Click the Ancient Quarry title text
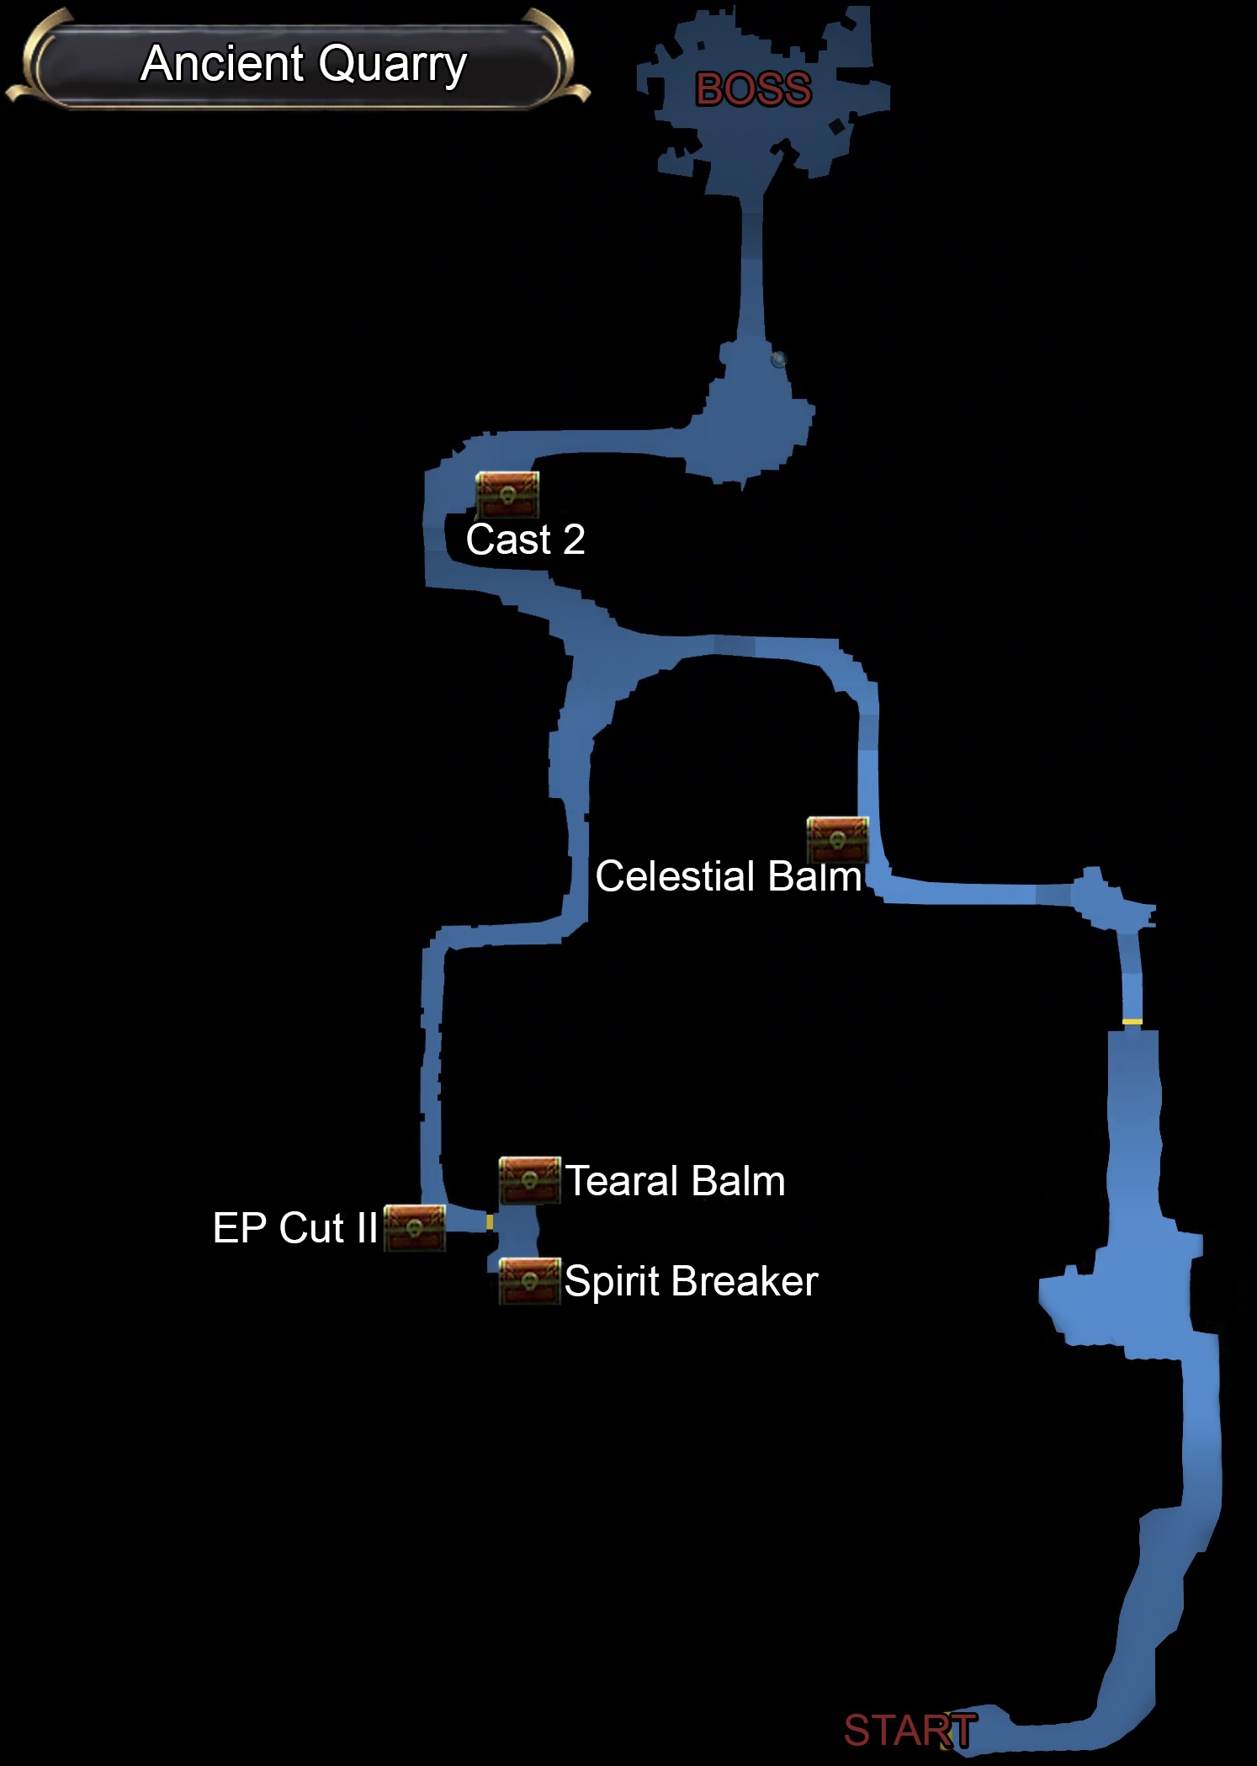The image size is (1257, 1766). (x=303, y=64)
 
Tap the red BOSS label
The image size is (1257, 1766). (x=753, y=89)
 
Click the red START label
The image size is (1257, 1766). (x=910, y=1731)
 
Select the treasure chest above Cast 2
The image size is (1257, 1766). (x=507, y=494)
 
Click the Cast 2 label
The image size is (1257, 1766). (x=525, y=540)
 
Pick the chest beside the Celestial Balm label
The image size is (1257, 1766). (x=837, y=839)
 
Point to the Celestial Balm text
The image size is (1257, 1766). (x=728, y=876)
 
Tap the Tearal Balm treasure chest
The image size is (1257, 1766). (x=529, y=1179)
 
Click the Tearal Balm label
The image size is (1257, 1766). (x=675, y=1181)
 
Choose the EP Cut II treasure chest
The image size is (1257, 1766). (x=414, y=1228)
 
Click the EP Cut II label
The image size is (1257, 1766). (x=294, y=1228)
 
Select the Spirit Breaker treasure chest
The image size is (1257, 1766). (x=529, y=1281)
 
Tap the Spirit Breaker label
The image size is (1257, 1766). (x=691, y=1281)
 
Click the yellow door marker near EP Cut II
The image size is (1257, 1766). (x=490, y=1221)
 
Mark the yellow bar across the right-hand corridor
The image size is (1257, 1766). (x=1132, y=1022)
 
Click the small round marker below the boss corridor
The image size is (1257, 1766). (x=779, y=359)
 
